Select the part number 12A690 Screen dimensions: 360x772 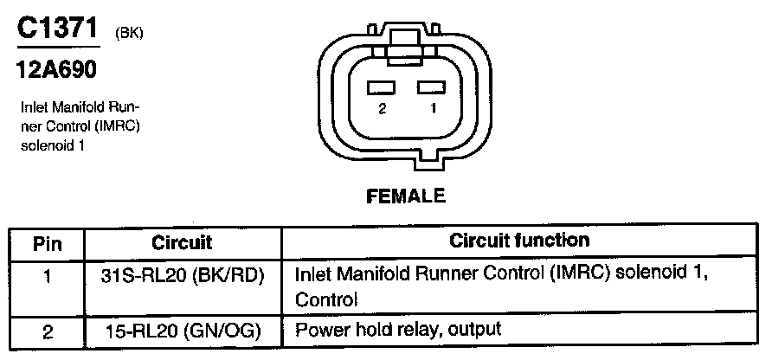click(57, 68)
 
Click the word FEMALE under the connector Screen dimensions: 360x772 click(406, 196)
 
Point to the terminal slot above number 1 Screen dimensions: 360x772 click(431, 87)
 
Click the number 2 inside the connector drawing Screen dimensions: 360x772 click(382, 110)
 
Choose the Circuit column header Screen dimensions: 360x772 click(182, 242)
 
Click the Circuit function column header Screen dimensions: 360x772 click(519, 241)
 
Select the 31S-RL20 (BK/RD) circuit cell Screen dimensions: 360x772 click(182, 277)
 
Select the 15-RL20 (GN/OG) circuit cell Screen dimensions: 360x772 click(182, 330)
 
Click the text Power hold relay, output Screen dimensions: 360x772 click(399, 330)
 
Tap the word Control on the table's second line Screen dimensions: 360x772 click(326, 299)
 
